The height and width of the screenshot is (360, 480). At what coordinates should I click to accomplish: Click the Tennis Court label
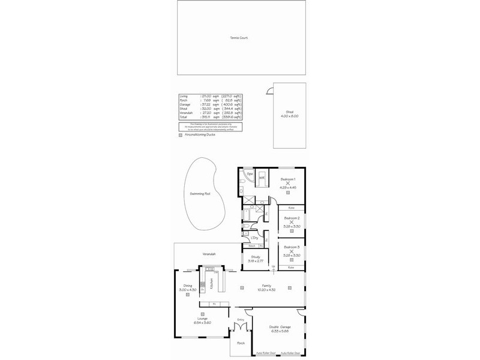239,38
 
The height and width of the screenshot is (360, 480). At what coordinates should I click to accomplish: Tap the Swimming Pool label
200,194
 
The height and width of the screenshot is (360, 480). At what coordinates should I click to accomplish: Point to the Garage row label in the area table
184,104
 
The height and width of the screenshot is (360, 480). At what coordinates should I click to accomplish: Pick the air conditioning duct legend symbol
181,135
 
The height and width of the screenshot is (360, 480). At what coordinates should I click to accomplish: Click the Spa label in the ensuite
250,174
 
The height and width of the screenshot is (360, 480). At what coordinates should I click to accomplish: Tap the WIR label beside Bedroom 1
262,178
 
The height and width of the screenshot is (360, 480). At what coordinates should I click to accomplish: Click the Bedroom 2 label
292,218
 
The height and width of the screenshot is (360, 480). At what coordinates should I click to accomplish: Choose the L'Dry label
254,238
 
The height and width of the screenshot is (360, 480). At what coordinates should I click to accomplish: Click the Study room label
256,257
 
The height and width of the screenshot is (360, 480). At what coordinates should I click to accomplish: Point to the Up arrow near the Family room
273,267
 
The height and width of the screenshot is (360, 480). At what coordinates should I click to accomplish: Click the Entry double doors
239,328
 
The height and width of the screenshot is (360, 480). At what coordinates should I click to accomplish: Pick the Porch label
241,343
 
